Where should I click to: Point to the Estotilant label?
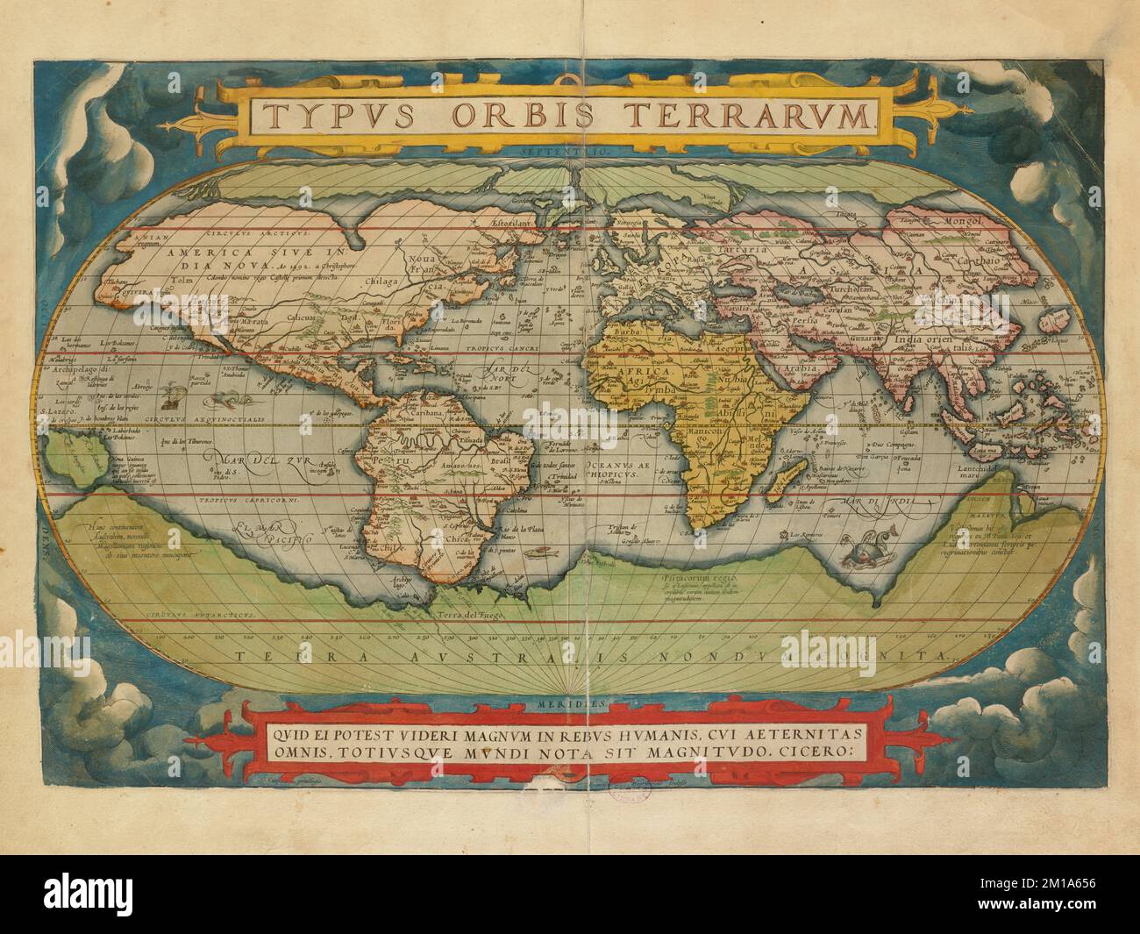pyautogui.click(x=511, y=223)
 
